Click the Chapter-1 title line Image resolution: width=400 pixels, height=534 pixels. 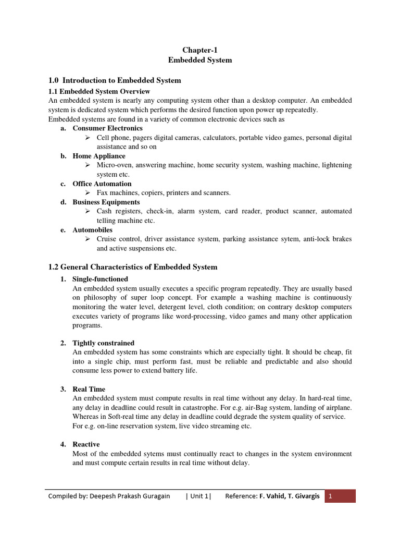[199, 50]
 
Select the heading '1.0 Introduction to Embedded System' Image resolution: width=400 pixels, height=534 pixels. [115, 80]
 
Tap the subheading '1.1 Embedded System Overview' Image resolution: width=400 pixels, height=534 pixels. [99, 92]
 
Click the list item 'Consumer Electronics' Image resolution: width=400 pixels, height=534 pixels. [107, 128]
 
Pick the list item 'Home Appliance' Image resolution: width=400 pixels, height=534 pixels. [99, 156]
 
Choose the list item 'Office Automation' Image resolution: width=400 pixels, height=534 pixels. [102, 184]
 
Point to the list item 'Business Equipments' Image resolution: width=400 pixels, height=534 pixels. [106, 202]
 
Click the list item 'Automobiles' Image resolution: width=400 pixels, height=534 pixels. [92, 229]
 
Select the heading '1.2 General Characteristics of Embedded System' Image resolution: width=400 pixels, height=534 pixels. [133, 267]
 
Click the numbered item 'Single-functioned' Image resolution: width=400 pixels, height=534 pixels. [100, 279]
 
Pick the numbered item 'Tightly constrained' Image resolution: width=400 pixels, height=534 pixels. [103, 343]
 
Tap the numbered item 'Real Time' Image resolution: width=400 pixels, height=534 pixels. [89, 389]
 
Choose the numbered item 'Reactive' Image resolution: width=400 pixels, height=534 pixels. [86, 444]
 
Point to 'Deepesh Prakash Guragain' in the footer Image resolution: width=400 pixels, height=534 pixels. [129, 496]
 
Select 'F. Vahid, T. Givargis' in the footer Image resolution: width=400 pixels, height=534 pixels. [290, 496]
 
